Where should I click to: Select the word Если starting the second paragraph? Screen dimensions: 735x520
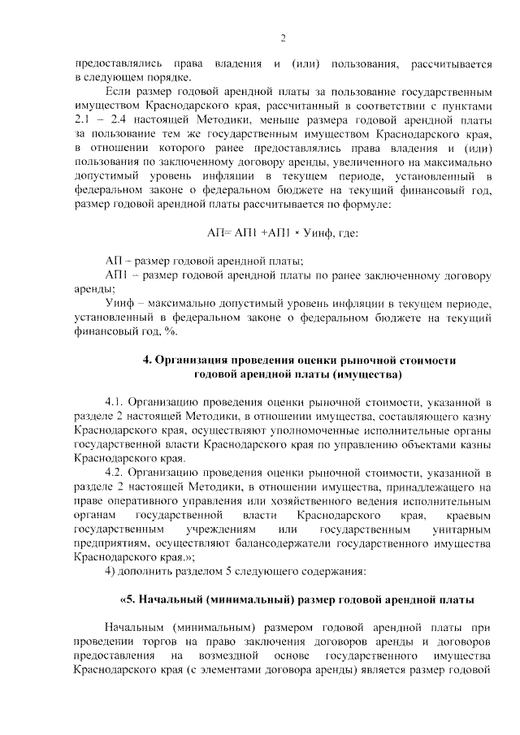pyautogui.click(x=118, y=93)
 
